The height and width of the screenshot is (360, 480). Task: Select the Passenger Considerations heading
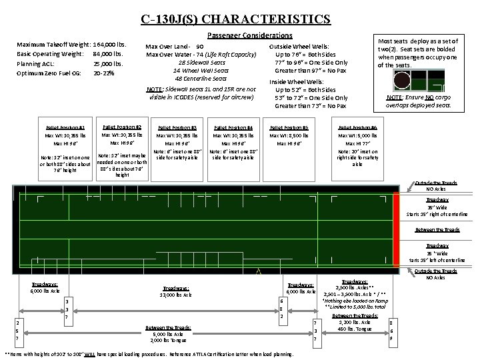tap(250, 35)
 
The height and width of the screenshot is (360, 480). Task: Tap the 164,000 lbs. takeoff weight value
tap(110, 44)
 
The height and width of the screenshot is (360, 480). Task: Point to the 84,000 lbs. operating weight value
tap(109, 53)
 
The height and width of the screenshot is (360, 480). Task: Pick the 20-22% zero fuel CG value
tap(103, 73)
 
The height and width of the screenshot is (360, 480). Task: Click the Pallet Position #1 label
tap(65, 127)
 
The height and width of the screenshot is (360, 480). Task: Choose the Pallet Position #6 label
tap(357, 127)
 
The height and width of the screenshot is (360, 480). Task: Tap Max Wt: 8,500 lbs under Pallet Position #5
tap(289, 135)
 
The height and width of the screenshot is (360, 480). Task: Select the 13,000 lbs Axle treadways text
tap(176, 294)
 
